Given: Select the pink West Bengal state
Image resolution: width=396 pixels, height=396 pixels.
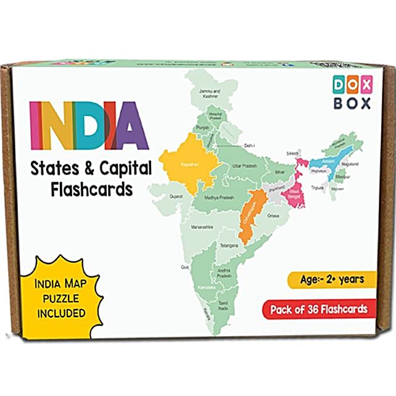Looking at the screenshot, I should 294,194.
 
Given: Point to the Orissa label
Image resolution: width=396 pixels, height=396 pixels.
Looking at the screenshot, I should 273,216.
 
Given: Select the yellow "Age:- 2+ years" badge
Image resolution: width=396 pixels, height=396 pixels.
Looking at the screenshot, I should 332,279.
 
